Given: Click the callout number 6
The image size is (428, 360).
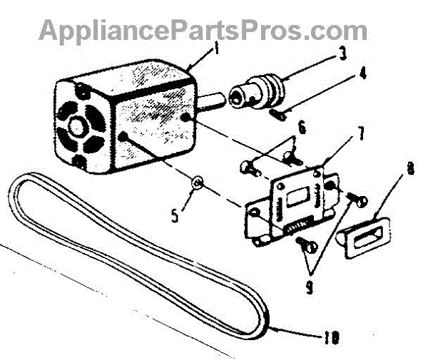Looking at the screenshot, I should (x=302, y=129).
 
